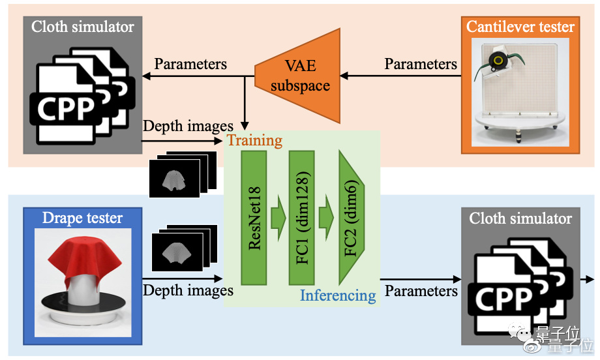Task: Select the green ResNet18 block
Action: point(254,217)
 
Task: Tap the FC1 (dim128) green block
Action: point(301,217)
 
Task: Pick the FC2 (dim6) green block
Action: point(350,217)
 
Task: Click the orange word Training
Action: point(254,140)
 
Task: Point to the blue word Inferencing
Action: point(338,295)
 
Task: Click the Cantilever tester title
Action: point(520,27)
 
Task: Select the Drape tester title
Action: point(82,217)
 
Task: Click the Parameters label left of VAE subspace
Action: point(190,64)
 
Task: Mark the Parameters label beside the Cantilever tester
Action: point(421,64)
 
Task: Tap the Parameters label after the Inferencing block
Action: point(421,290)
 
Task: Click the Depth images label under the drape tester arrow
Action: point(188,290)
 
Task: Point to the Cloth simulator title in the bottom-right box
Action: point(520,218)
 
